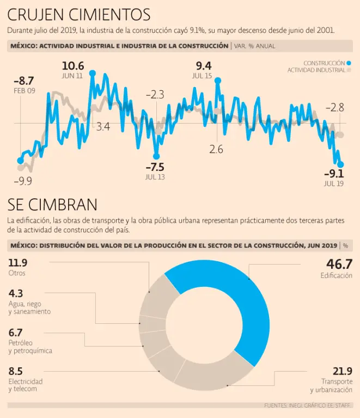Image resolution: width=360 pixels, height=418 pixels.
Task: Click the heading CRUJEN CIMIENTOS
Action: (79, 14)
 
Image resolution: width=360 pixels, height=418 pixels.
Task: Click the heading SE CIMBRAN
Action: (52, 205)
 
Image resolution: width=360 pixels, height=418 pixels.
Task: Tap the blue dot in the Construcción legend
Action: (348, 63)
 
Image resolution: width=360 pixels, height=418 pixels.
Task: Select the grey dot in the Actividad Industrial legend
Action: (348, 70)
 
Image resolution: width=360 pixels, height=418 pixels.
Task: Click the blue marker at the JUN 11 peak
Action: (92, 73)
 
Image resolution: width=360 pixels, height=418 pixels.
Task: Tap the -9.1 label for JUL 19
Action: (334, 174)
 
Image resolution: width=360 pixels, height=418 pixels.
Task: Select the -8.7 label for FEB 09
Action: (23, 81)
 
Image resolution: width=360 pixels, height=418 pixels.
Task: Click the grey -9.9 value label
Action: (22, 181)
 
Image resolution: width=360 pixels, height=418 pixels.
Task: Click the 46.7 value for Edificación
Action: (339, 264)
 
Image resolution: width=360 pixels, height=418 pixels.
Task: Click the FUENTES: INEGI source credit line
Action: (308, 405)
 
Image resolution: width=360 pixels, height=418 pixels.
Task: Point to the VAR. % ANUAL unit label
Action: (255, 46)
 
